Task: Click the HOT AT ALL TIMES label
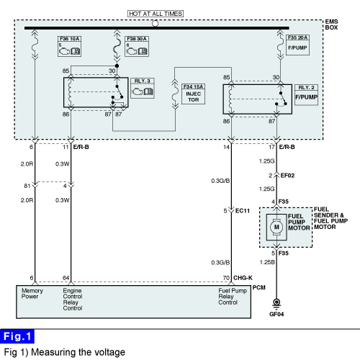coord(156,14)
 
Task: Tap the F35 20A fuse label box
coord(297,45)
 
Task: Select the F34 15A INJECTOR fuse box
coord(193,94)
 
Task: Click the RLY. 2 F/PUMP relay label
coord(306,95)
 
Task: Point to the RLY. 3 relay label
coord(143,88)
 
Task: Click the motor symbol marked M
coord(276,227)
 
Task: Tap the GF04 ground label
coord(276,314)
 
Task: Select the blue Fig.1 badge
coord(17,336)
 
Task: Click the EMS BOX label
coord(331,24)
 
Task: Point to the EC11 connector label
coord(243,211)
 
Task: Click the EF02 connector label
coord(287,176)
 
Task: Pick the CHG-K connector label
coord(243,278)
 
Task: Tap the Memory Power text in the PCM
coord(32,294)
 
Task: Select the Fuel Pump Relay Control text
coord(233,297)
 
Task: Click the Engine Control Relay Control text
coord(73,300)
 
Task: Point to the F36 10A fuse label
coord(70,39)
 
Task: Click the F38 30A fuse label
coord(137,39)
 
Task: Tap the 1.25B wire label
coord(267,262)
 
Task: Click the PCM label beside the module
coord(259,287)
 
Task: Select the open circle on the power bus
coord(156,24)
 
